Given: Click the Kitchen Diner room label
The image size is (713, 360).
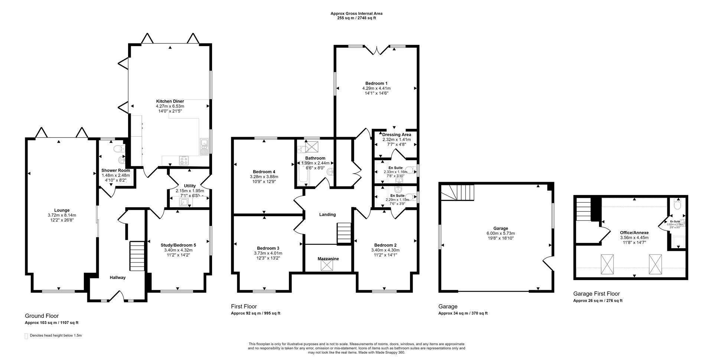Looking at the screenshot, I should [x=170, y=101].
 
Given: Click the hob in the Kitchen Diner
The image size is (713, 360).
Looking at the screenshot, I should [x=184, y=160].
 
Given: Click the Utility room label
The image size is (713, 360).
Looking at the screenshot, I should [x=189, y=186].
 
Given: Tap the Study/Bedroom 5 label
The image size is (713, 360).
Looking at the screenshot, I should [x=178, y=245].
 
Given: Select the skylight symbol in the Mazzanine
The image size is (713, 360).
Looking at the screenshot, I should [x=327, y=265].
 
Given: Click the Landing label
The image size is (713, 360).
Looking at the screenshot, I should [x=327, y=214].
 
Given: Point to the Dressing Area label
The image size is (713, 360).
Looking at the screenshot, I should [x=397, y=134].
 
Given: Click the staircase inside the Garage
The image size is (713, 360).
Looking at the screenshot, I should [x=458, y=193].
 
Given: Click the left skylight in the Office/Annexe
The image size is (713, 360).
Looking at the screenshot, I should [x=608, y=265].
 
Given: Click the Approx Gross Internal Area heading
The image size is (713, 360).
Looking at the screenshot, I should [x=356, y=13].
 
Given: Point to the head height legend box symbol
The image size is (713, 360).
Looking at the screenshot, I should [x=26, y=336].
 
